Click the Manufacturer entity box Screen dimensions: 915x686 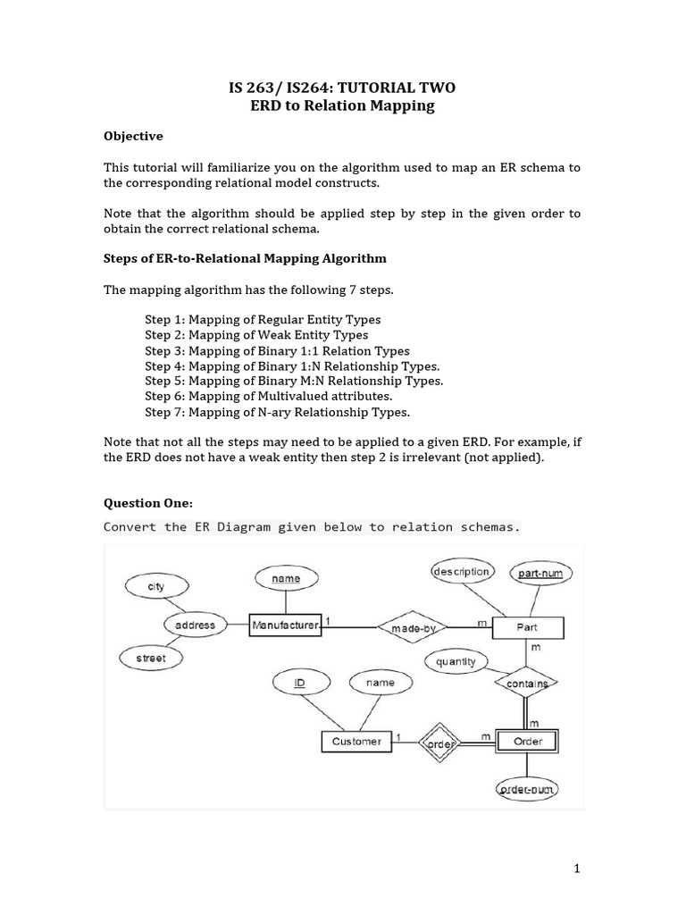point(285,626)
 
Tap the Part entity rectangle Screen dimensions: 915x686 point(527,627)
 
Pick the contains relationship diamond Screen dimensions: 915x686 point(526,684)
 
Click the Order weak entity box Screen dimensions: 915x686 point(527,741)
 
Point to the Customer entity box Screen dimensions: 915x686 point(356,741)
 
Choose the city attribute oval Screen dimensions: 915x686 point(156,586)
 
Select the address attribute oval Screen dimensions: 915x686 point(195,625)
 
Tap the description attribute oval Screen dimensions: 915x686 point(461,572)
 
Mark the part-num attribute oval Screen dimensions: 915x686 point(540,573)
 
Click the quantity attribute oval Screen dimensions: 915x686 point(456,662)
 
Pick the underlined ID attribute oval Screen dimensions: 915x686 point(300,683)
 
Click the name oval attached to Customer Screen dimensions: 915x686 point(381,683)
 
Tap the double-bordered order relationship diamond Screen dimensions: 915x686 point(439,741)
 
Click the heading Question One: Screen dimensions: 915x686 point(148,503)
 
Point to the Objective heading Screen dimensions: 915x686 point(133,137)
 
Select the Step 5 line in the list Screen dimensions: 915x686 point(294,381)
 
